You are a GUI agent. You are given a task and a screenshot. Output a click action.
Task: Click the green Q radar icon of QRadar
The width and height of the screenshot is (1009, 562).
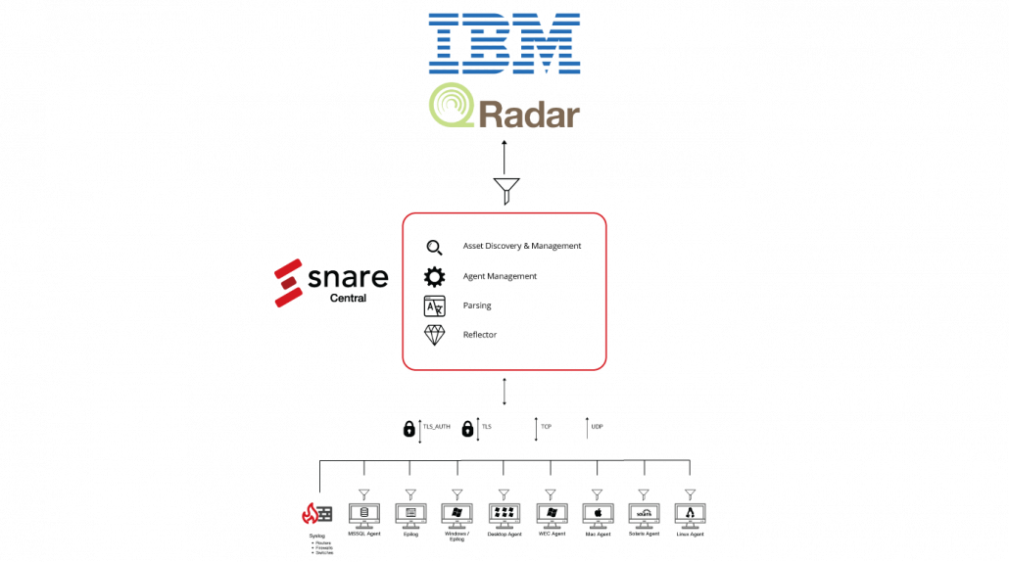click(x=454, y=107)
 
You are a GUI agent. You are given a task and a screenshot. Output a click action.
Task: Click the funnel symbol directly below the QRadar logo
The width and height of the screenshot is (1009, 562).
click(x=505, y=189)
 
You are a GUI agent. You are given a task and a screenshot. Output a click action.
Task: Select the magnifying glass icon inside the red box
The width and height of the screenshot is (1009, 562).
click(x=434, y=249)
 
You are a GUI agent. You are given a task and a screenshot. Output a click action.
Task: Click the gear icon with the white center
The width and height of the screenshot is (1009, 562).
click(x=434, y=277)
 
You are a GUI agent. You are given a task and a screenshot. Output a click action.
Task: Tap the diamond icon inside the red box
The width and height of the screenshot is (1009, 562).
click(x=434, y=335)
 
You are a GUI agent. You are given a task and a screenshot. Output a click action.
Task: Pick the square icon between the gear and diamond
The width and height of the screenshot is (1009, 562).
click(x=434, y=305)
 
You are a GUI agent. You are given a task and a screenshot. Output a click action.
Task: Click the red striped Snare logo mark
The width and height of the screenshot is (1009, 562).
click(x=289, y=284)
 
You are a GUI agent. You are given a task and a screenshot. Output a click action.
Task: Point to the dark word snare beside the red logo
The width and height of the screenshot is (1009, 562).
click(x=349, y=279)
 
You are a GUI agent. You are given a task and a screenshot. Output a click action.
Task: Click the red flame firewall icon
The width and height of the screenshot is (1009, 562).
click(x=310, y=513)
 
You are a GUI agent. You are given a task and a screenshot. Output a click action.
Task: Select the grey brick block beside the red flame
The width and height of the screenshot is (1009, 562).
click(x=324, y=513)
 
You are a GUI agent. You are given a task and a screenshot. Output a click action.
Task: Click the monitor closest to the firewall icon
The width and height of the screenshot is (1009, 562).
click(x=363, y=514)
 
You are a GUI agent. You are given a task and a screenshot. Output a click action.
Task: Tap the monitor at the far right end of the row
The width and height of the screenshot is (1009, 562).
click(x=690, y=514)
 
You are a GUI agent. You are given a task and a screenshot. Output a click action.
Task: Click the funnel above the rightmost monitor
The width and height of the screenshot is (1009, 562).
click(x=690, y=492)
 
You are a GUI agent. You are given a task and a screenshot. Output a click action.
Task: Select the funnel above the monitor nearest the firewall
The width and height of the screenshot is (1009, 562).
click(x=363, y=492)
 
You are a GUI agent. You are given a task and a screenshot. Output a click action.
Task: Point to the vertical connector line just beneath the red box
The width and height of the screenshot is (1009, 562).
click(x=504, y=389)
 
